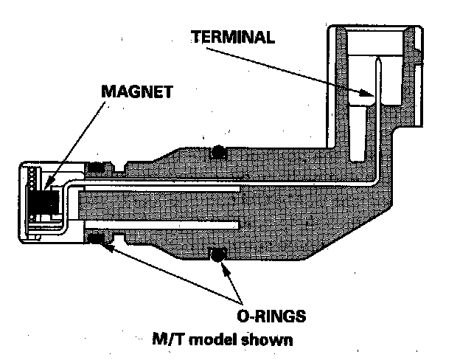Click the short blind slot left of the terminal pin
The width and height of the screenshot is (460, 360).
point(358,133)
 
